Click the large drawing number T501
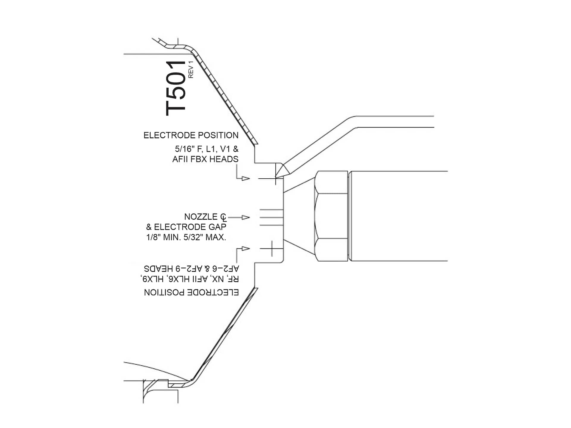tap(175, 88)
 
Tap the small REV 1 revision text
tap(191, 69)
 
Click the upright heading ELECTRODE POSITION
tap(191, 136)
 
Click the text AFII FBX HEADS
tap(205, 159)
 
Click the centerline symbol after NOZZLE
tap(223, 217)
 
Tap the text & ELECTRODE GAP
tap(186, 227)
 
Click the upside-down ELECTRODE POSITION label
tap(191, 292)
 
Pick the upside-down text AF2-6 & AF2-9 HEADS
tap(191, 269)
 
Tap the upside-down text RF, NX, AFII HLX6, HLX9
tap(189, 279)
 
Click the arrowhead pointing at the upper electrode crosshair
tap(246, 178)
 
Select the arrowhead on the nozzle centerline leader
tap(246, 217)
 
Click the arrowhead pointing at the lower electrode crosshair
tap(246, 248)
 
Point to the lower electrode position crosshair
tap(272, 248)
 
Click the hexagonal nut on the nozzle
tap(331, 216)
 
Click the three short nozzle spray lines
tap(271, 217)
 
